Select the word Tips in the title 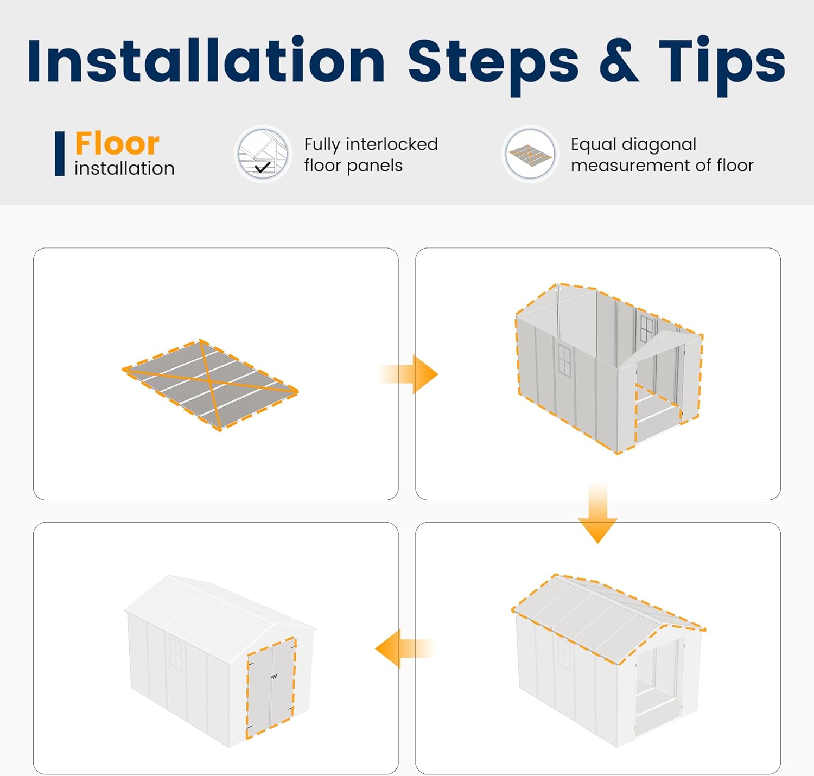click(x=722, y=66)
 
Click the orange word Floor click(x=117, y=143)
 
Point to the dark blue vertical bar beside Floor click(x=60, y=154)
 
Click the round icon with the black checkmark click(x=263, y=154)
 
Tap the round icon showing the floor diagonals click(x=530, y=154)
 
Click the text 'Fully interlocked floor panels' click(x=371, y=155)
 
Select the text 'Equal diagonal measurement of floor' click(x=662, y=155)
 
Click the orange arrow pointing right click(x=408, y=374)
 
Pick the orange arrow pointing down click(x=597, y=512)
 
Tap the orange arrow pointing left click(x=405, y=648)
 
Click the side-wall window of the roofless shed click(x=565, y=360)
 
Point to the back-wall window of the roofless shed click(x=646, y=329)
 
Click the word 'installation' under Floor click(x=124, y=169)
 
